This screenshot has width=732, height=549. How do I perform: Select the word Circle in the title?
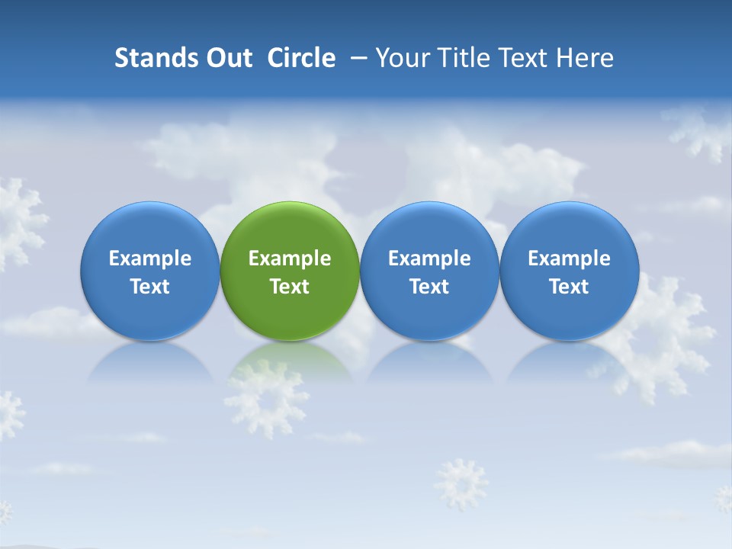[x=301, y=58]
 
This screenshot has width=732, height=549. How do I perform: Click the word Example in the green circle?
[x=290, y=258]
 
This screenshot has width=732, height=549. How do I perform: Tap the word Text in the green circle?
[x=290, y=287]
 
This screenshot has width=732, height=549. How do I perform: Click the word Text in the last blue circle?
[x=570, y=287]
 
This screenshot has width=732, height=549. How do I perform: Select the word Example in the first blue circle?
[x=150, y=258]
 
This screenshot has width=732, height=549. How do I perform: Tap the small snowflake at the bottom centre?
[x=461, y=484]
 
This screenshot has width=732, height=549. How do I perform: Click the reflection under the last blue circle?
[x=570, y=362]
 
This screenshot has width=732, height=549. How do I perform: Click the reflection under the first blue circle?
[x=150, y=362]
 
